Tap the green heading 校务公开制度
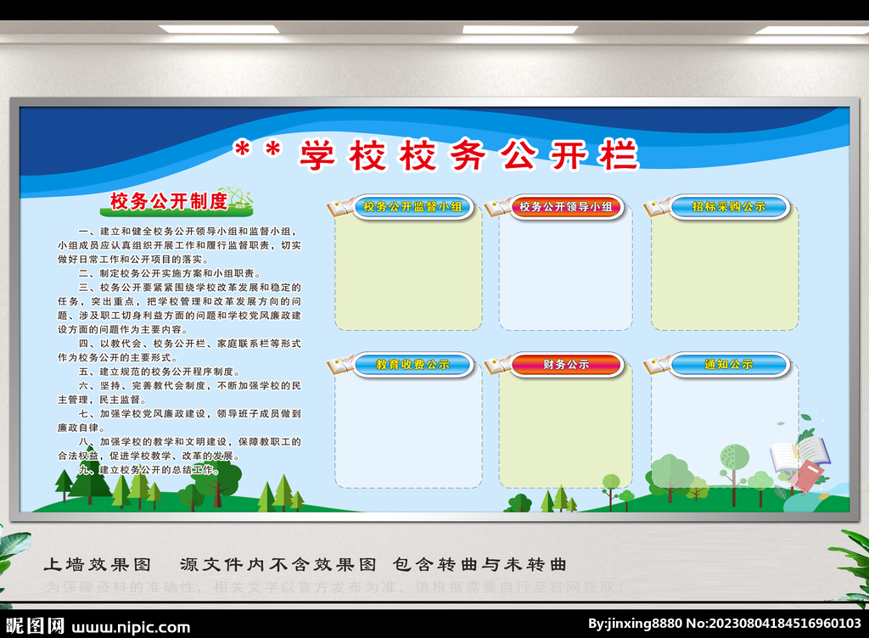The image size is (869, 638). coord(169,201)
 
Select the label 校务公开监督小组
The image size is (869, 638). coord(412,206)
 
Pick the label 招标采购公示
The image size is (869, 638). coord(729,206)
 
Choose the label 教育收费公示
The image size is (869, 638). coord(412,365)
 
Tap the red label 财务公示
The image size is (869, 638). coord(566,365)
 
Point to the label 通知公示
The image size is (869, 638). coord(729,365)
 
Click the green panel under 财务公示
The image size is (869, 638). coord(565,433)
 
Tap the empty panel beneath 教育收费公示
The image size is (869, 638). coord(408,433)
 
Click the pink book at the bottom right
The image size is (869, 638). coord(805,476)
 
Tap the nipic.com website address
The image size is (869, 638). coord(131,627)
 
